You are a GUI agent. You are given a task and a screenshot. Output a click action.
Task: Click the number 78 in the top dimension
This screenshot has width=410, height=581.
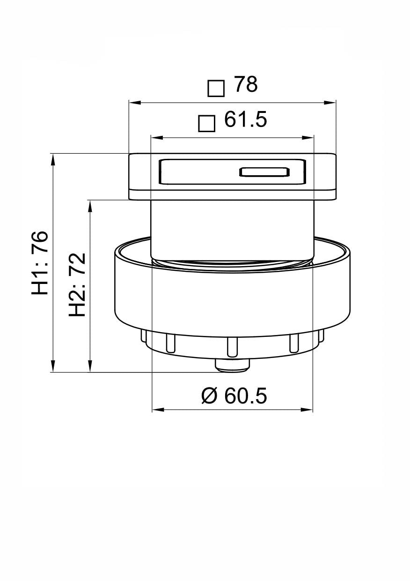click(x=246, y=85)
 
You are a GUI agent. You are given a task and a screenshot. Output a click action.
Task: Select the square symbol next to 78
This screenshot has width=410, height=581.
click(x=216, y=88)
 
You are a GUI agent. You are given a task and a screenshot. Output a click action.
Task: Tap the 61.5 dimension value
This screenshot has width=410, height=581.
click(x=246, y=120)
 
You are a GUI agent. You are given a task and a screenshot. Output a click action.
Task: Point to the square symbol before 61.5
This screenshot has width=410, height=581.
click(x=206, y=123)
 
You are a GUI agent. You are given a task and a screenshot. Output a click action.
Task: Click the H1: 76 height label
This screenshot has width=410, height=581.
click(x=41, y=263)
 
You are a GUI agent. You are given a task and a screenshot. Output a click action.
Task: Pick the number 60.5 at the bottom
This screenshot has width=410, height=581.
click(x=246, y=396)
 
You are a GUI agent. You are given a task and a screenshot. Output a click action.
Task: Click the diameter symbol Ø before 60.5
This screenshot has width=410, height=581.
click(x=210, y=396)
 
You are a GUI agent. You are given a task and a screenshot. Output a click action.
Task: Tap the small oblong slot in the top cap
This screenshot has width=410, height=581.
click(x=264, y=172)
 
